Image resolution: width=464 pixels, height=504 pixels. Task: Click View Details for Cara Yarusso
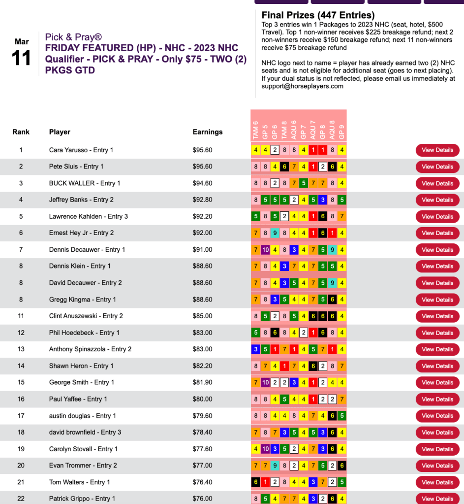point(437,150)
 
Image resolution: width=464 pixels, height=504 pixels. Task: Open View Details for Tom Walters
point(437,482)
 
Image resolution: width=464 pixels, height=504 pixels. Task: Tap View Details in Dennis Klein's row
point(437,266)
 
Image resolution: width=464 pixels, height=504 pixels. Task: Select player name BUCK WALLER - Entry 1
point(85,183)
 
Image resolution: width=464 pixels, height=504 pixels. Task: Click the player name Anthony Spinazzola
point(90,349)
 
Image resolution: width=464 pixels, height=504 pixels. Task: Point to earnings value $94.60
point(202,183)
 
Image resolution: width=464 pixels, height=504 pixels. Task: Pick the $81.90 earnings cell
point(202,382)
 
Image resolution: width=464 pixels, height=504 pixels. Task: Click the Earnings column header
point(207,132)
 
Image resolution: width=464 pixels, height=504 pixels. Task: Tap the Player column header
point(60,132)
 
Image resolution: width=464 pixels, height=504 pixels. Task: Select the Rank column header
point(21,132)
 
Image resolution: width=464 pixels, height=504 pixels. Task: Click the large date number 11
point(22,59)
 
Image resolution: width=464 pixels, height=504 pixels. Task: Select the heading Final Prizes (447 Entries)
point(318,15)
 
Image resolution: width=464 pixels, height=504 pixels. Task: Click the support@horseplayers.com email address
point(302,86)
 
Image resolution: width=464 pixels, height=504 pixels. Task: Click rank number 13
point(21,349)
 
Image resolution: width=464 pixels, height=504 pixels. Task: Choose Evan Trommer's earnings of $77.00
point(202,466)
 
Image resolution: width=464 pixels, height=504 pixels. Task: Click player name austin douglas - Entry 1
point(83,416)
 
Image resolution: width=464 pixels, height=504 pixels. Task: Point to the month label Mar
point(22,42)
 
